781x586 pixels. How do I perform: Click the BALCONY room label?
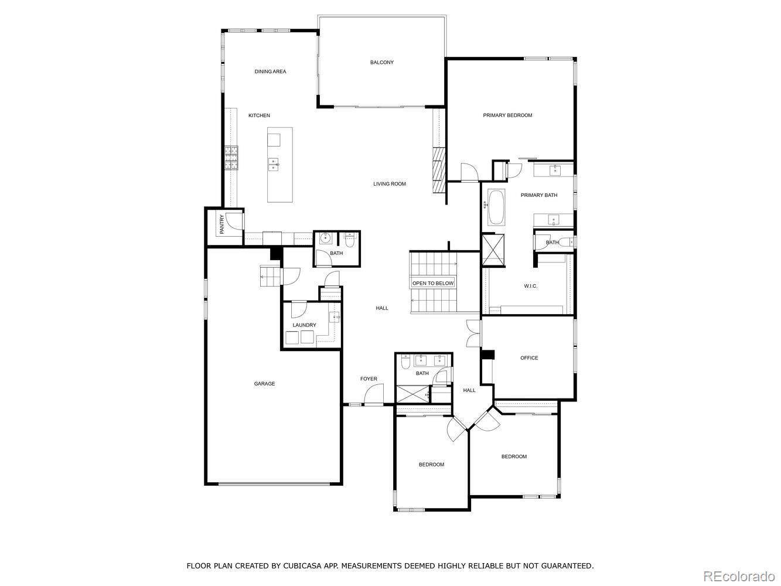tap(381, 62)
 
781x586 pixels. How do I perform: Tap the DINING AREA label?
tap(270, 71)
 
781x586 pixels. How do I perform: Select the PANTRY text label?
tap(222, 224)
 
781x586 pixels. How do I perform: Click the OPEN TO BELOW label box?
tap(433, 284)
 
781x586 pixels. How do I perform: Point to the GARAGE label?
tap(264, 384)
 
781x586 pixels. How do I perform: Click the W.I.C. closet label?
tap(530, 286)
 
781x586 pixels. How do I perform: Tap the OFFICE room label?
tap(529, 358)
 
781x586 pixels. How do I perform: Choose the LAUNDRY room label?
tap(304, 325)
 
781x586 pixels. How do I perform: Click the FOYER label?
tap(369, 379)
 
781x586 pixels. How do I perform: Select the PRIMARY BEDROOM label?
tap(507, 115)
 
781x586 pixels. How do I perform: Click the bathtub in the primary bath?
tap(496, 207)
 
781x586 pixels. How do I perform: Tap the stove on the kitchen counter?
tap(231, 157)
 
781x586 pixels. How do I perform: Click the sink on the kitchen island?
tap(274, 164)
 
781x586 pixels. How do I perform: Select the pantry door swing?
tap(233, 221)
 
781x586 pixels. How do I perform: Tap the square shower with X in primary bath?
tap(493, 250)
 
